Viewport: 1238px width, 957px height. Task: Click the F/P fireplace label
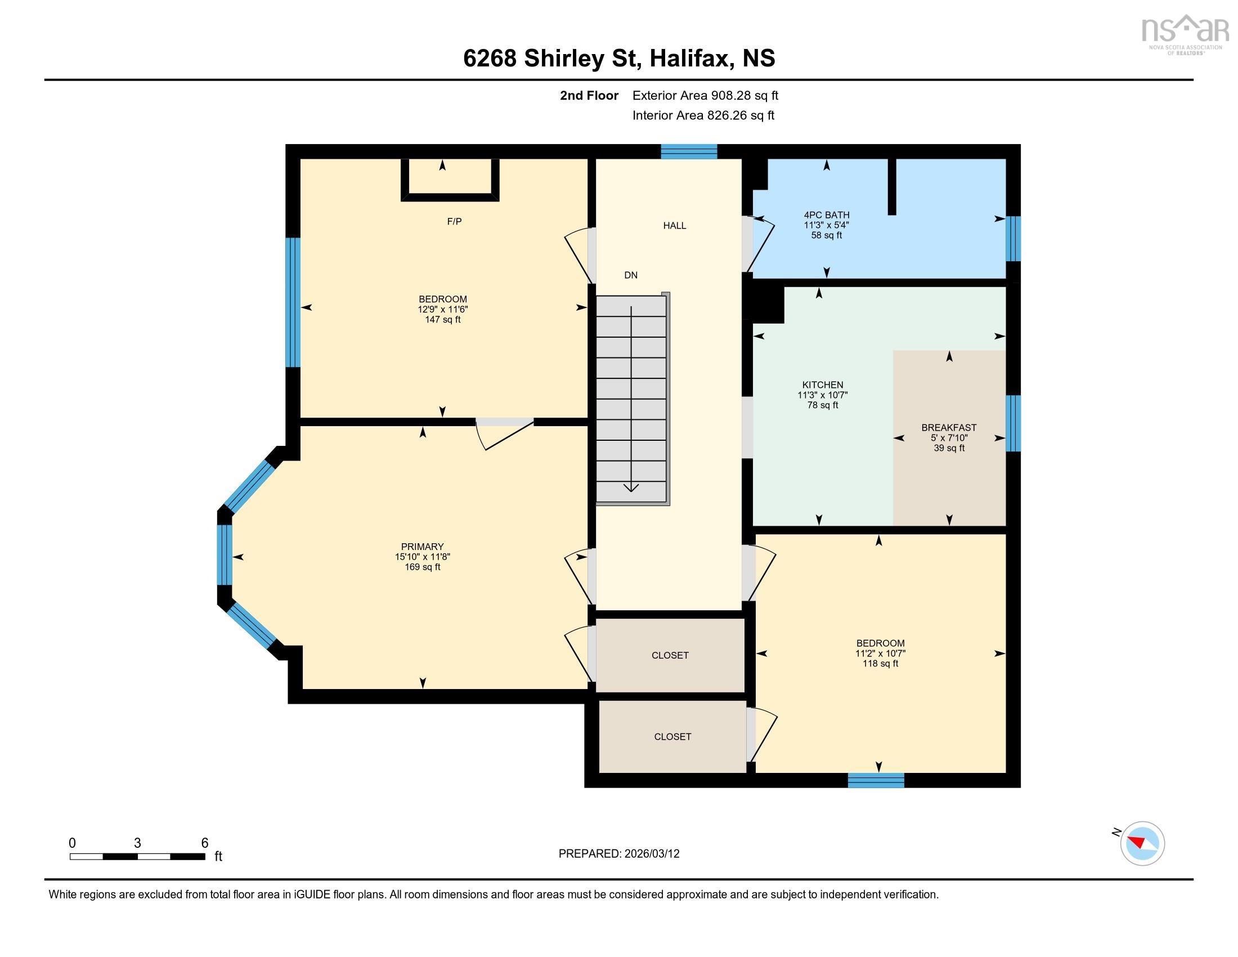click(x=454, y=222)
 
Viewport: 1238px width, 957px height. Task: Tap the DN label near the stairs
click(x=630, y=275)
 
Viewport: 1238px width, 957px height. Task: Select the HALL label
click(x=675, y=226)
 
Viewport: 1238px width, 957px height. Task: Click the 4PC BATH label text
click(x=826, y=215)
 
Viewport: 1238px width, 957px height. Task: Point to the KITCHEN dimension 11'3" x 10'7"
click(x=822, y=395)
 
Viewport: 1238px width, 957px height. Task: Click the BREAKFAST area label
click(x=948, y=427)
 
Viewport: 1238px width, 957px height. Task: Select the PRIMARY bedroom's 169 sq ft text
click(x=422, y=567)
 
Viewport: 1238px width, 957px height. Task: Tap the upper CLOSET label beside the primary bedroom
click(x=670, y=655)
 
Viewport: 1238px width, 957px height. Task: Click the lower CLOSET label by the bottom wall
click(x=672, y=736)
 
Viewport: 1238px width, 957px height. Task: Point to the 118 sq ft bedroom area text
click(x=880, y=663)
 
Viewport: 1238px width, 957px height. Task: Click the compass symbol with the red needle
click(x=1142, y=844)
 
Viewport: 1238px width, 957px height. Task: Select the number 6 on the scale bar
click(x=205, y=843)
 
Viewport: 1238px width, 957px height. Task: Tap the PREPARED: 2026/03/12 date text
click(x=618, y=854)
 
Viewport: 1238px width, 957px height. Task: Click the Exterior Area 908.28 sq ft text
click(x=705, y=96)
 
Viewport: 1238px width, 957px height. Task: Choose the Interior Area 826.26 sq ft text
click(x=703, y=115)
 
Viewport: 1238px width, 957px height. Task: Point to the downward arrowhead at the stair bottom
click(x=631, y=488)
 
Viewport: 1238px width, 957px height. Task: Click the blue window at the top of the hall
click(x=689, y=151)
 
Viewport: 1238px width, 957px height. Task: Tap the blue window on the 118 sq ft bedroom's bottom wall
click(x=876, y=780)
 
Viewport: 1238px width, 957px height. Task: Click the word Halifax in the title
click(x=689, y=59)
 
